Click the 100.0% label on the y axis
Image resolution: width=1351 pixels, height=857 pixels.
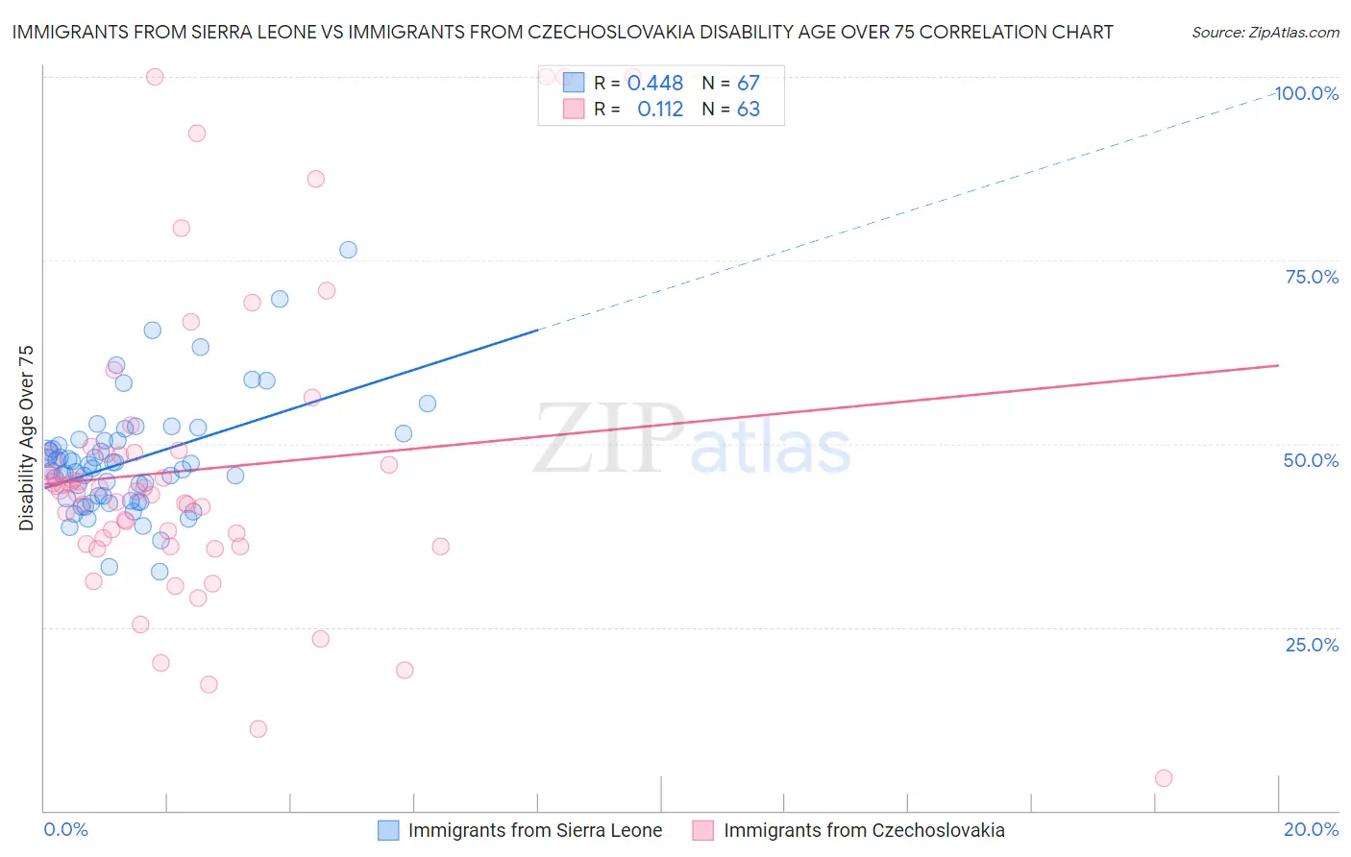tap(1307, 93)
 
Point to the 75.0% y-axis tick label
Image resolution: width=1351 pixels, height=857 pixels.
tap(1312, 277)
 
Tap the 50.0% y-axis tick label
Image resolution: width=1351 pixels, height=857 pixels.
tap(1311, 460)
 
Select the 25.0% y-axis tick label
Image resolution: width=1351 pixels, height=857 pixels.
tap(1312, 645)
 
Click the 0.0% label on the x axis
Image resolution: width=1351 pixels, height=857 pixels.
tap(65, 829)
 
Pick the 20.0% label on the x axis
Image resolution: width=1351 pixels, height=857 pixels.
tap(1311, 829)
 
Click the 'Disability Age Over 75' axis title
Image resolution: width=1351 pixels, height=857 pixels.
tap(26, 437)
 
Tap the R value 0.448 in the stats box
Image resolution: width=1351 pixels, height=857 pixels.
tap(655, 83)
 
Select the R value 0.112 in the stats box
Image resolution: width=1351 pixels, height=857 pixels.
tap(660, 109)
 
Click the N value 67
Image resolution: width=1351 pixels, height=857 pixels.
tap(749, 83)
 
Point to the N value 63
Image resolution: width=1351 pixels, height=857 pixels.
tap(749, 109)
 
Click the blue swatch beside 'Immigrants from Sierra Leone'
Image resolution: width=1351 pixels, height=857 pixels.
tap(388, 830)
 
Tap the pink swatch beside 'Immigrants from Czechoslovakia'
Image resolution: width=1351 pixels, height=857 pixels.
tap(703, 830)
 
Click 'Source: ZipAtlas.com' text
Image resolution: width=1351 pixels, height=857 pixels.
tap(1265, 32)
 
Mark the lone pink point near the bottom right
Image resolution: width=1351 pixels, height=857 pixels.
tap(1164, 778)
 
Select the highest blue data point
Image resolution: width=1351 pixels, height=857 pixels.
tap(348, 250)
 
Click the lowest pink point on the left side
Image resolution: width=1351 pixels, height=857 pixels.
tap(258, 729)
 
